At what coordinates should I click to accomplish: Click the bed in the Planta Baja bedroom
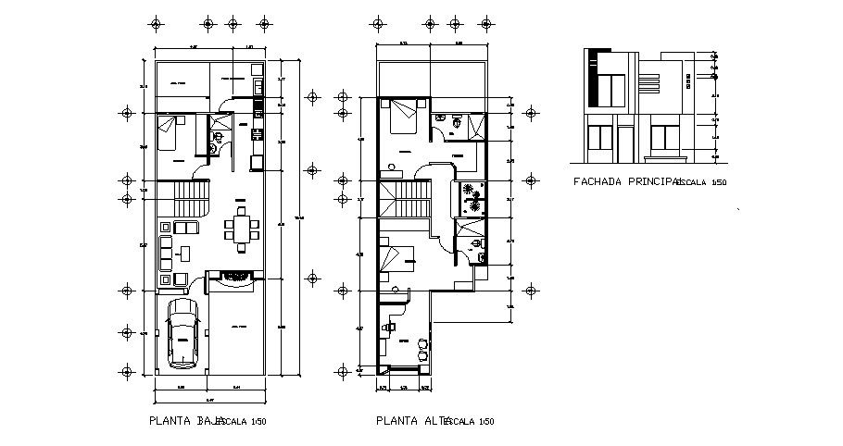tap(170, 130)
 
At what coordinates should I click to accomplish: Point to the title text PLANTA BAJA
tap(185, 421)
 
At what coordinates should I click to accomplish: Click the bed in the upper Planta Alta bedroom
tap(404, 117)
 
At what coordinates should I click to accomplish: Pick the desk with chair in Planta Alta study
tap(393, 328)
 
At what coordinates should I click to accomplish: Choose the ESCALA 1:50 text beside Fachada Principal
tap(702, 183)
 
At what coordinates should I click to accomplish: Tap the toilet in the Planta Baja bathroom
tap(217, 141)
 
